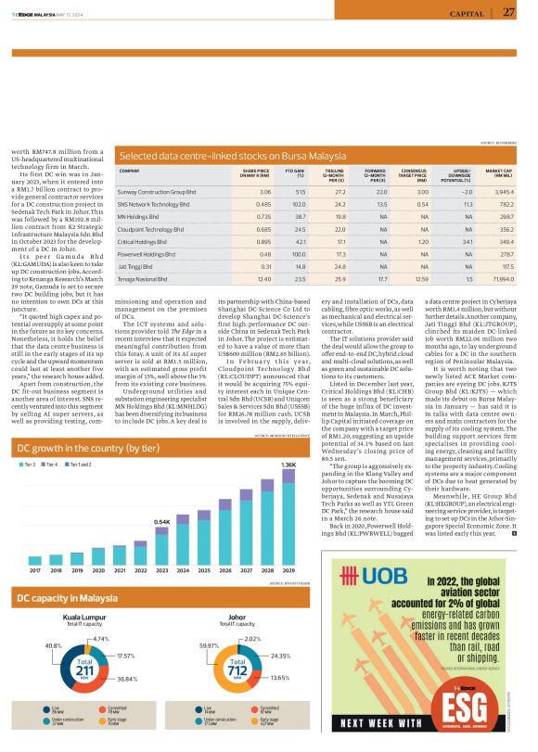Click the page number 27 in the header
tap(509, 12)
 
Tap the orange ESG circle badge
tap(472, 692)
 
